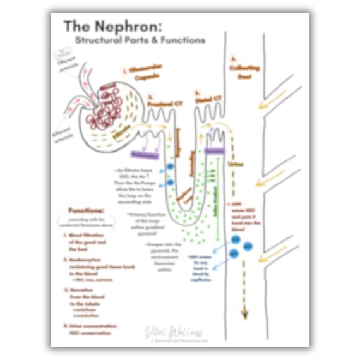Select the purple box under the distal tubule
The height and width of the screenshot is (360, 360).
coord(215,152)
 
